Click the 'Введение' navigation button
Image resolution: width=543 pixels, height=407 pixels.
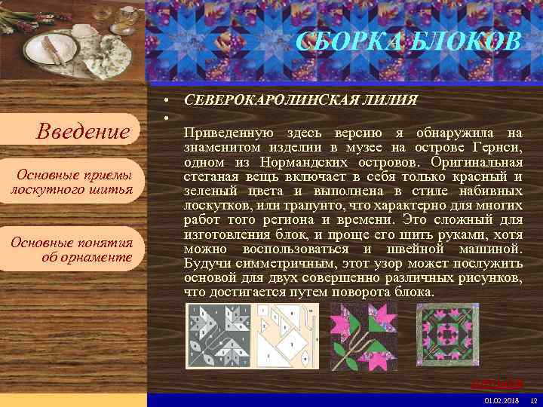coord(84,132)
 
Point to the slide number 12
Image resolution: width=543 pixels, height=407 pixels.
coord(533,399)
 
